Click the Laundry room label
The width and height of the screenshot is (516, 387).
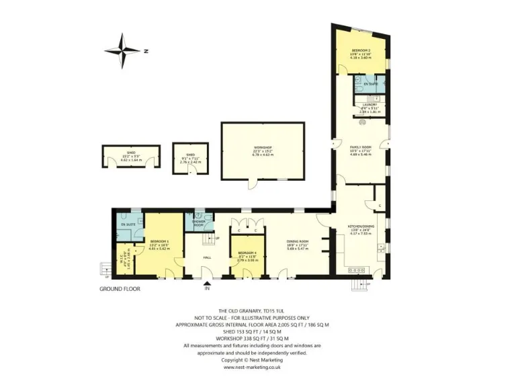pyautogui.click(x=368, y=105)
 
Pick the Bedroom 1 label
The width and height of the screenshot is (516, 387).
pyautogui.click(x=159, y=241)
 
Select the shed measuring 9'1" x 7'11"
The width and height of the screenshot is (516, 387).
pyautogui.click(x=191, y=155)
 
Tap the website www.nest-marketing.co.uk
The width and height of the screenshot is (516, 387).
pyautogui.click(x=252, y=368)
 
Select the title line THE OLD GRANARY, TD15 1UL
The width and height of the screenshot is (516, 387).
pyautogui.click(x=252, y=310)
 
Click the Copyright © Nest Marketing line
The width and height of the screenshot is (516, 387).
pyautogui.click(x=252, y=360)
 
